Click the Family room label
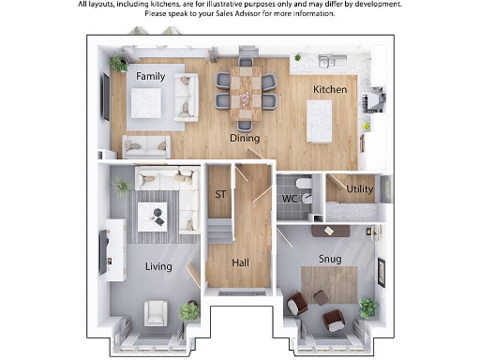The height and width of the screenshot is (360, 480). pyautogui.click(x=151, y=75)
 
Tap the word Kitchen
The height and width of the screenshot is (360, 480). pyautogui.click(x=330, y=90)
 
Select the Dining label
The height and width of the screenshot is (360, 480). pyautogui.click(x=245, y=138)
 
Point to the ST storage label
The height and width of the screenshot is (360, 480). pyautogui.click(x=221, y=195)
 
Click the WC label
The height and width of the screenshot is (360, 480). pyautogui.click(x=290, y=199)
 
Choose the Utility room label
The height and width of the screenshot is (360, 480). pyautogui.click(x=360, y=189)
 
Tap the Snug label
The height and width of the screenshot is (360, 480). pyautogui.click(x=329, y=259)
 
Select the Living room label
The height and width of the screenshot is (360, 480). pyautogui.click(x=158, y=267)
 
